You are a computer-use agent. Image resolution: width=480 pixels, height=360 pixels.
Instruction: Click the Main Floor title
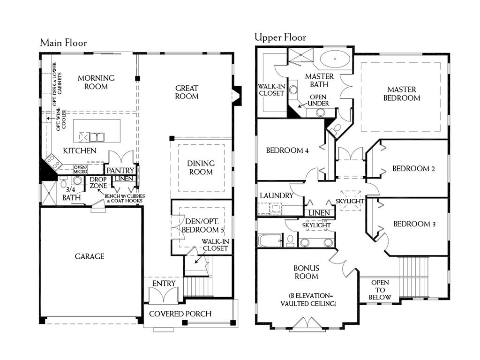click(63, 43)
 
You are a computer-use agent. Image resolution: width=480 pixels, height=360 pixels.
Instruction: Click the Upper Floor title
click(280, 37)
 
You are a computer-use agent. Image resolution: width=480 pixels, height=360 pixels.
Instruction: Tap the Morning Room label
click(96, 82)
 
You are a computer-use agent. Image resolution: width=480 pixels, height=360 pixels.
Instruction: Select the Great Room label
click(187, 92)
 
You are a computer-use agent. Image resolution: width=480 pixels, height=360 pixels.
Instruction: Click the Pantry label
click(120, 171)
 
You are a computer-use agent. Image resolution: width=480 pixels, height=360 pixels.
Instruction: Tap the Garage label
click(90, 256)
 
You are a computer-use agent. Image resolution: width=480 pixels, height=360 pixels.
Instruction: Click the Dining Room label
click(201, 167)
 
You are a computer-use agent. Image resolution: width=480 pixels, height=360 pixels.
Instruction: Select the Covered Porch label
click(180, 314)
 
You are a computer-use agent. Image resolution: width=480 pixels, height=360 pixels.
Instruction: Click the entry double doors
click(164, 295)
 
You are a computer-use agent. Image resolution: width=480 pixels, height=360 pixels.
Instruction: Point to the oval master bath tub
click(335, 59)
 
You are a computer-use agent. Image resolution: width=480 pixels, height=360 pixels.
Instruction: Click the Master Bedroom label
click(402, 94)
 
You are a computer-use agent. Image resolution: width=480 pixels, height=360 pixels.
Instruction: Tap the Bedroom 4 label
click(287, 150)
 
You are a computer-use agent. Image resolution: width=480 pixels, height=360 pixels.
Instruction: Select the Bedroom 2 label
click(413, 169)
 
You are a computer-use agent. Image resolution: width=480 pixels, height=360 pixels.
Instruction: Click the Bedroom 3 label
click(414, 224)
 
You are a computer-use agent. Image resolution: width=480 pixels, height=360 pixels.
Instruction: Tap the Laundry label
click(277, 195)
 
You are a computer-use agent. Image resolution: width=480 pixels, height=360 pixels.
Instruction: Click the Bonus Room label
click(306, 272)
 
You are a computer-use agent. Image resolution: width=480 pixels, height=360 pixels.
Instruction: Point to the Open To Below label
click(380, 290)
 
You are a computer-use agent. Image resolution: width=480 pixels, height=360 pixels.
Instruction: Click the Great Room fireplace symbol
click(237, 96)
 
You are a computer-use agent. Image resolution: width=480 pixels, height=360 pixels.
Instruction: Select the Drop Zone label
click(98, 182)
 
